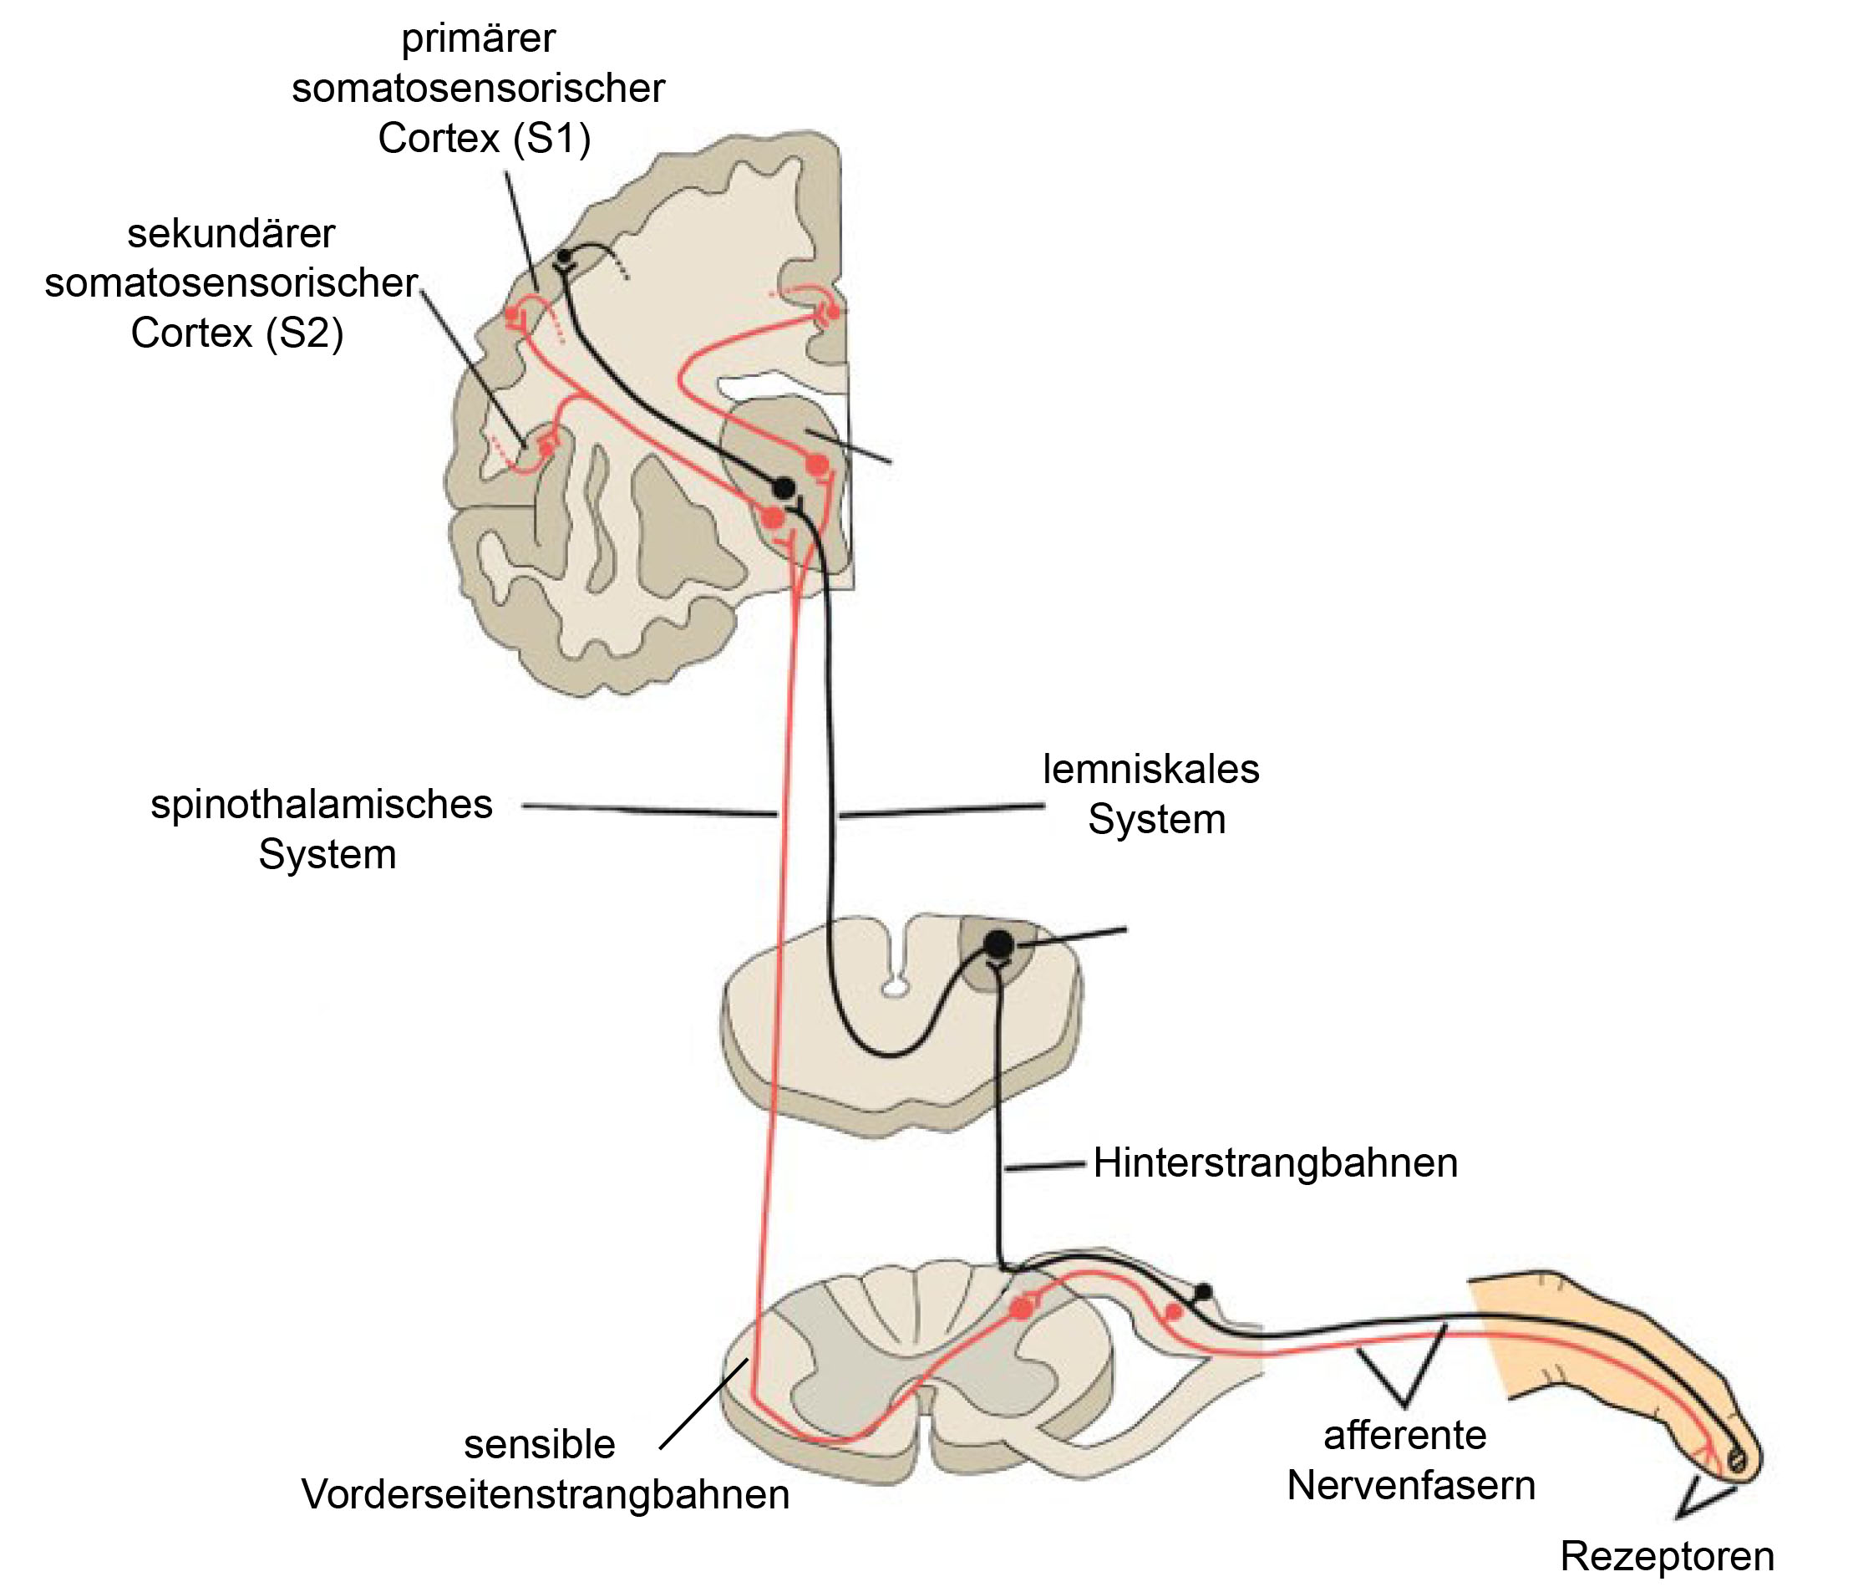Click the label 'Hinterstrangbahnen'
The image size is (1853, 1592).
click(x=1275, y=1163)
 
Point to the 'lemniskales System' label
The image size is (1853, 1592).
click(x=1152, y=794)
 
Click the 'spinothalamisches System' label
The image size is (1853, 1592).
click(x=322, y=829)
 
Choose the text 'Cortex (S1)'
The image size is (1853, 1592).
click(x=484, y=139)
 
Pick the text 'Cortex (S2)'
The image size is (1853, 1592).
click(x=237, y=333)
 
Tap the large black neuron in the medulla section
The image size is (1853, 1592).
click(x=999, y=944)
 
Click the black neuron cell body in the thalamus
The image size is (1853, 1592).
click(x=784, y=487)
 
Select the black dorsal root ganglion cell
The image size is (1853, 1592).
click(x=1204, y=1291)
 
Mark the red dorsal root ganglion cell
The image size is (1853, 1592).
click(x=1172, y=1312)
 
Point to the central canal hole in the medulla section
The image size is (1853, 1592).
click(x=893, y=988)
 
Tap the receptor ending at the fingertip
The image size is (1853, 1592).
click(x=1736, y=1462)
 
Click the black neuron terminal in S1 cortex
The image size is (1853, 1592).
click(x=563, y=257)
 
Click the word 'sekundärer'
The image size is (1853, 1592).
click(x=231, y=234)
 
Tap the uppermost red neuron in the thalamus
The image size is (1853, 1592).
click(x=817, y=464)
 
